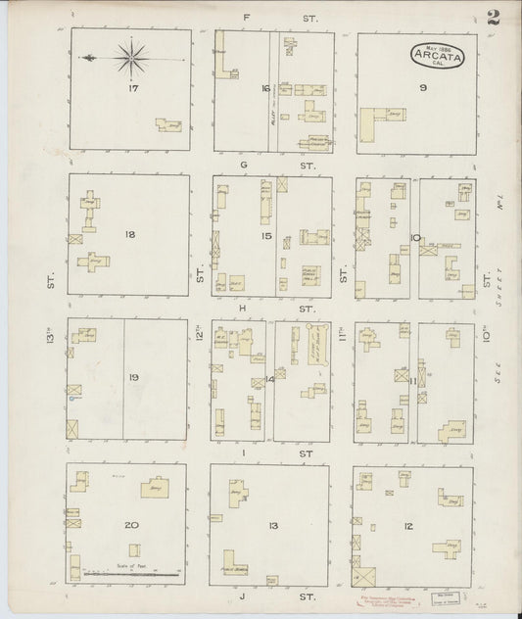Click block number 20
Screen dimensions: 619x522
click(131, 526)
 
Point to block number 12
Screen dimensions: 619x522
click(407, 527)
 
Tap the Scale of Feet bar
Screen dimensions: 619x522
click(132, 571)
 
